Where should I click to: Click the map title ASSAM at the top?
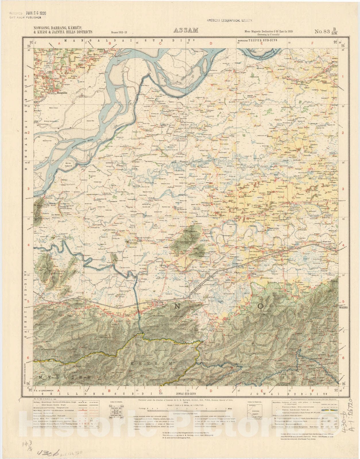click(186, 30)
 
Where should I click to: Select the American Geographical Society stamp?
click(230, 21)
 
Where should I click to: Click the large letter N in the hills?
click(177, 306)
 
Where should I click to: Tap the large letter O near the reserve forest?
click(260, 306)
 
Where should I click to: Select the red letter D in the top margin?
click(211, 44)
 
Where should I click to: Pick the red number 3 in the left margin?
click(28, 189)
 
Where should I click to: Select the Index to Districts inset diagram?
click(255, 413)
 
